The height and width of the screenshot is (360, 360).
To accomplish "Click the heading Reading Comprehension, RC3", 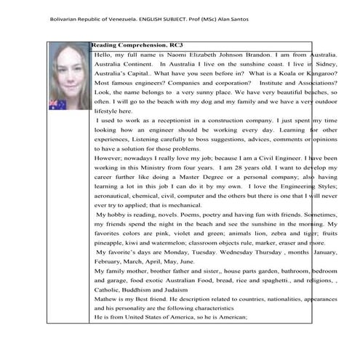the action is [x=128, y=45].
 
